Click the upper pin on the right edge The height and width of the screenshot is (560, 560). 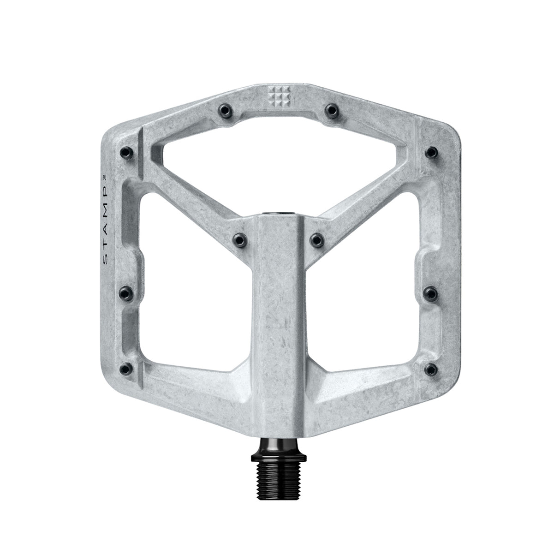click(431, 152)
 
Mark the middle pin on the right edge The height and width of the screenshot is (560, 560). click(431, 291)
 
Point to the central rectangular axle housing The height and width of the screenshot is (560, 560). click(280, 323)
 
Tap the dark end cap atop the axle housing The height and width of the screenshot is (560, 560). click(280, 214)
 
